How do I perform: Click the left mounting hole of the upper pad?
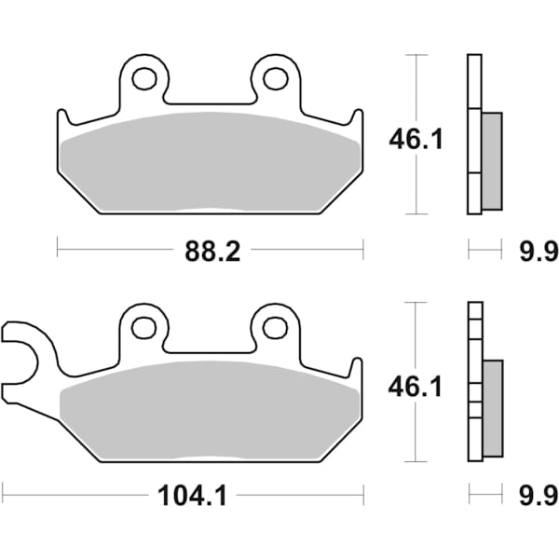pyautogui.click(x=143, y=78)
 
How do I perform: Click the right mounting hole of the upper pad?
pyautogui.click(x=276, y=78)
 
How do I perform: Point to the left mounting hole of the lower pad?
pyautogui.click(x=143, y=327)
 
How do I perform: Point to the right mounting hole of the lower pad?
pyautogui.click(x=275, y=327)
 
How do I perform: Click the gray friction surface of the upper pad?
pyautogui.click(x=210, y=158)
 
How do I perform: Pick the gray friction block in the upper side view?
pyautogui.click(x=491, y=160)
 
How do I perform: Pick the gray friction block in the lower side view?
pyautogui.click(x=491, y=407)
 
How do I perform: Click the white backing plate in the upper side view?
pyautogui.click(x=473, y=135)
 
